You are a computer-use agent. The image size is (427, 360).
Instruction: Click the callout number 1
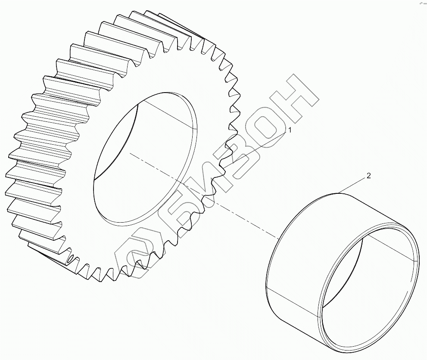pos(290,130)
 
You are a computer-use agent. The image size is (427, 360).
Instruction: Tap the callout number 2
pos(368,176)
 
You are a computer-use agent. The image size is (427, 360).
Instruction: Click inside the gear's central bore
pos(142,158)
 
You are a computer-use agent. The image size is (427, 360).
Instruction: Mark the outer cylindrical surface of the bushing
pos(294,261)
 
